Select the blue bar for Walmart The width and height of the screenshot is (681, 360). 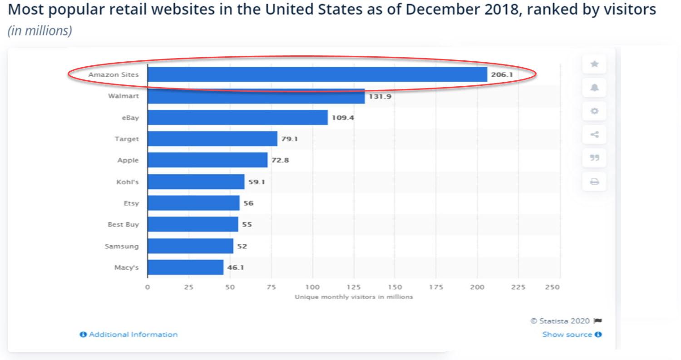point(256,96)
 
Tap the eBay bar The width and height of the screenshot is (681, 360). point(237,118)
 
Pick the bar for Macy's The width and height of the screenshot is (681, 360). point(185,267)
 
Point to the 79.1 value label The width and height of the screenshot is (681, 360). point(289,139)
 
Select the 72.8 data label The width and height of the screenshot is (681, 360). point(280,160)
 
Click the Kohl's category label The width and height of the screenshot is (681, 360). point(128,182)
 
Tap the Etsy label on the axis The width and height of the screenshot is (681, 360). point(131,203)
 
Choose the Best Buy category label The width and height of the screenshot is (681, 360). point(123,225)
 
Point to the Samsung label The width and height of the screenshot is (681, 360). point(122,246)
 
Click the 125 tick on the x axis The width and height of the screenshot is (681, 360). point(354,287)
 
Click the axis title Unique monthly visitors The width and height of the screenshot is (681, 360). point(354,297)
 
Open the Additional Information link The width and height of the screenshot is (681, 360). point(129,335)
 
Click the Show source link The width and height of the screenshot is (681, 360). point(572,335)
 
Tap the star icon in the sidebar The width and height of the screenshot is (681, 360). point(594,64)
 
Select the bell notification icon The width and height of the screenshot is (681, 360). point(594,88)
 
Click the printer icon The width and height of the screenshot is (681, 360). point(594,182)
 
